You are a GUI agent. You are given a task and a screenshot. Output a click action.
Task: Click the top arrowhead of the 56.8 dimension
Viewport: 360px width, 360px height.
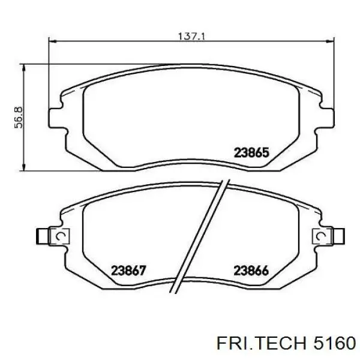click(24, 68)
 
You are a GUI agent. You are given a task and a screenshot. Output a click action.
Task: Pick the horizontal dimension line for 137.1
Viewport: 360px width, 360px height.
click(120, 41)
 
